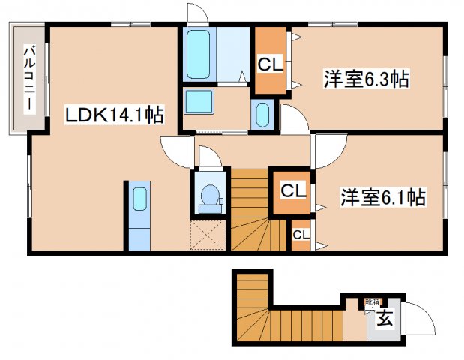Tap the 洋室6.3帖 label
point(366,79)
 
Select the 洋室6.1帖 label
point(383,197)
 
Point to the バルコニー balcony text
point(29,79)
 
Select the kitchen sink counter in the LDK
point(139,215)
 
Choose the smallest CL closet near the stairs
point(301,235)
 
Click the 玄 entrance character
point(384,319)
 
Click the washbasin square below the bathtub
point(199,101)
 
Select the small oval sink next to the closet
point(262,115)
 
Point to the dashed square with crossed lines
point(208,235)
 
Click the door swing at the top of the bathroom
point(196,13)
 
